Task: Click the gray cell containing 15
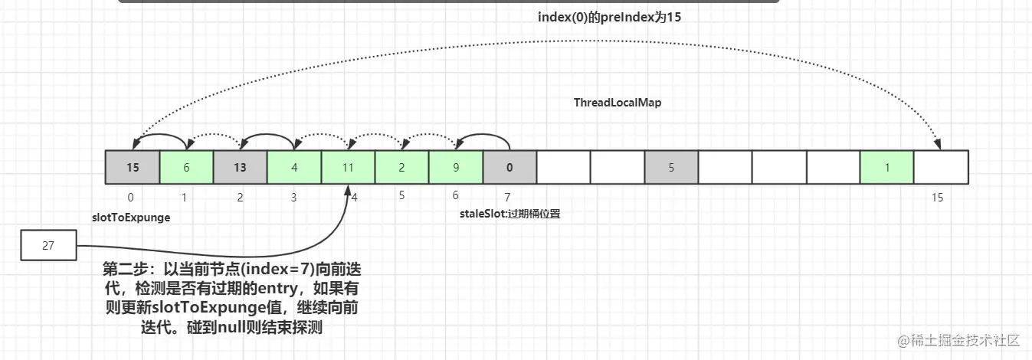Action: click(x=133, y=167)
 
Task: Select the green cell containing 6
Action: click(x=186, y=167)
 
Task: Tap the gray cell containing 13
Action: click(x=240, y=167)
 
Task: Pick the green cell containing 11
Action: click(x=348, y=167)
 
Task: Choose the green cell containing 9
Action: click(x=456, y=167)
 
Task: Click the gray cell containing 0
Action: click(x=509, y=167)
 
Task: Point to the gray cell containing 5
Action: click(x=671, y=167)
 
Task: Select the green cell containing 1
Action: click(x=887, y=167)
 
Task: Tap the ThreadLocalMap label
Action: click(x=617, y=103)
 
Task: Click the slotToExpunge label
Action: click(x=131, y=218)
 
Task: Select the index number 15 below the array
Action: click(x=937, y=198)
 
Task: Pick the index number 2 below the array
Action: click(x=240, y=198)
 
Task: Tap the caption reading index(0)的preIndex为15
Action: click(x=609, y=17)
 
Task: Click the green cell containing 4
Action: click(x=294, y=167)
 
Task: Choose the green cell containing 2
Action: click(x=401, y=167)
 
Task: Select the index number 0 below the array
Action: click(x=131, y=198)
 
